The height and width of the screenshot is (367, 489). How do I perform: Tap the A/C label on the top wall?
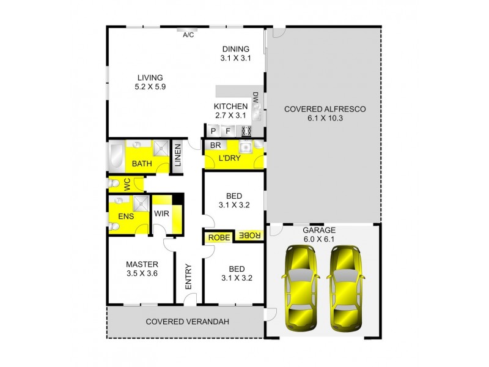[x=189, y=35]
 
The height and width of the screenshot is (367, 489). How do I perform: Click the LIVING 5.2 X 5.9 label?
[x=150, y=82]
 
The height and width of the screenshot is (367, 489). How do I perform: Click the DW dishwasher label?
[x=255, y=98]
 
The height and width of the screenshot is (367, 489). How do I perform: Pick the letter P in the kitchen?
[x=213, y=131]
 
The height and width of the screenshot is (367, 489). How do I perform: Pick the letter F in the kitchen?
[x=228, y=131]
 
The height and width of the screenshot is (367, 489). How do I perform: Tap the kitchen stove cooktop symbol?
[x=246, y=131]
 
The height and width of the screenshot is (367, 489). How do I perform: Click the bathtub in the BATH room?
[x=116, y=155]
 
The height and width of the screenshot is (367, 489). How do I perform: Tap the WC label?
[x=128, y=184]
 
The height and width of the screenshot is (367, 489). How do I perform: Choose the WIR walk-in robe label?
[x=161, y=213]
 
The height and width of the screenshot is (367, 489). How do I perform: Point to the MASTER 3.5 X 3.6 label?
[x=142, y=269]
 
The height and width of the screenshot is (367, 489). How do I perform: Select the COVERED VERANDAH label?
[x=182, y=321]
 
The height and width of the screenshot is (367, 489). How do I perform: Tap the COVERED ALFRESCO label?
[x=325, y=114]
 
